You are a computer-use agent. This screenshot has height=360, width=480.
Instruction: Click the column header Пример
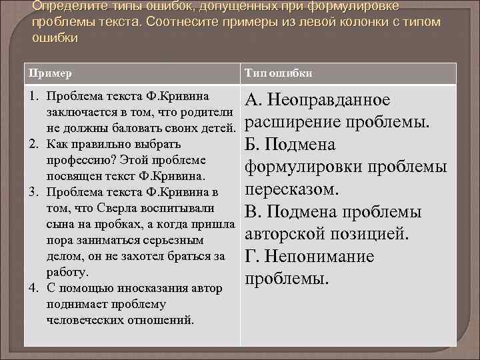50,73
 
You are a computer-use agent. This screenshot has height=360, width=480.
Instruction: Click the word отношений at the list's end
163,320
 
